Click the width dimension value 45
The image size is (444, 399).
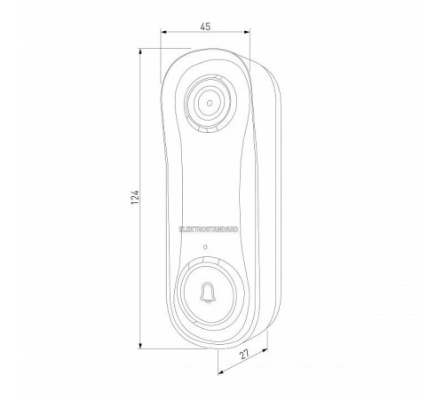[205, 27]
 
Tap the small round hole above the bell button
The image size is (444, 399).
[206, 246]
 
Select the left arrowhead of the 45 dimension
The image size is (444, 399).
[163, 35]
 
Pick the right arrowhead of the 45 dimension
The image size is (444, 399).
[247, 35]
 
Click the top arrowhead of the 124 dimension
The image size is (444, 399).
[139, 50]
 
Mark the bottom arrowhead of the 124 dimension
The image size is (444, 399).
[139, 347]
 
